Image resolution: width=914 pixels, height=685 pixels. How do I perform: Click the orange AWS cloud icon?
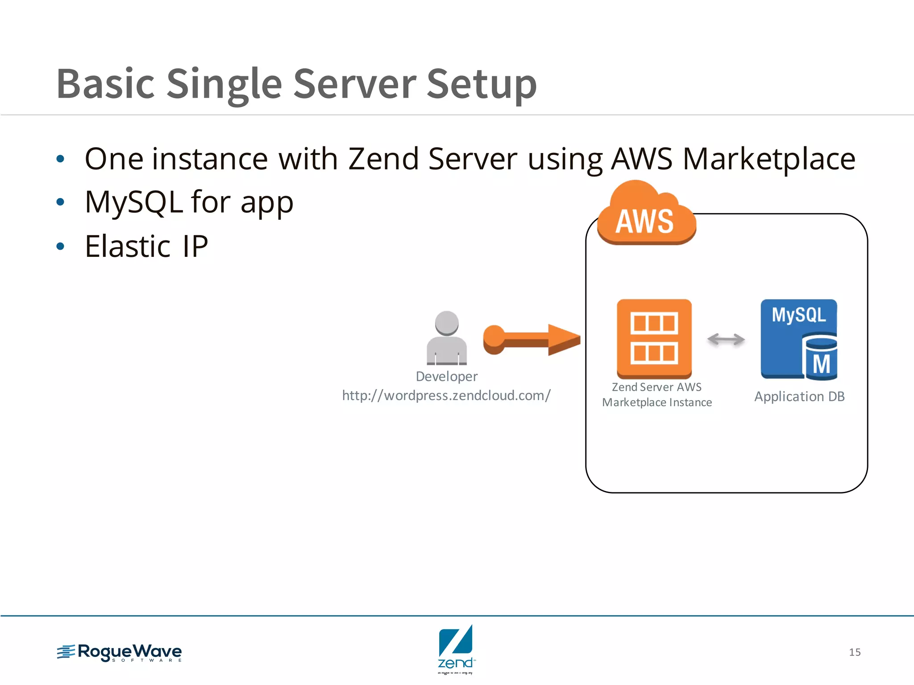click(646, 215)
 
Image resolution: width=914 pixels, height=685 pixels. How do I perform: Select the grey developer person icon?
click(447, 338)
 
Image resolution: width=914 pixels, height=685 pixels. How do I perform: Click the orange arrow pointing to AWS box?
click(531, 339)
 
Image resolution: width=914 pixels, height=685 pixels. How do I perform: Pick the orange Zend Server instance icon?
click(654, 338)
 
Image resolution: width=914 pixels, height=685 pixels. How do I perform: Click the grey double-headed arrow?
click(726, 339)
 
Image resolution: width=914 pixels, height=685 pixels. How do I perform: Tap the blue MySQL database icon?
click(798, 339)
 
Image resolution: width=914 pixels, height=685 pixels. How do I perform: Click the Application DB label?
click(799, 396)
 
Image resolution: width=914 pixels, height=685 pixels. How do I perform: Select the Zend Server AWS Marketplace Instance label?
click(656, 395)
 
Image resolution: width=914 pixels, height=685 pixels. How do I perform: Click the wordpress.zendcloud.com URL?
click(446, 396)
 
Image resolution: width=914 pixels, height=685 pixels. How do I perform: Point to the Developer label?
click(446, 376)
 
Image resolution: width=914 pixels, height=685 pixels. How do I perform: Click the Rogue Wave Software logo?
click(120, 652)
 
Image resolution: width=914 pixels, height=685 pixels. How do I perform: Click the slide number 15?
click(854, 652)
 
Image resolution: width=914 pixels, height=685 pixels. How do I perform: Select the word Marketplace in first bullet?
click(769, 159)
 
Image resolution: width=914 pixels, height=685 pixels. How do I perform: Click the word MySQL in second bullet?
click(133, 202)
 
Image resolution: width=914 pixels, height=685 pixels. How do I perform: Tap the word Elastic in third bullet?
click(128, 247)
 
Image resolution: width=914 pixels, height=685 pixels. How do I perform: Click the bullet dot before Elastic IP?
click(61, 246)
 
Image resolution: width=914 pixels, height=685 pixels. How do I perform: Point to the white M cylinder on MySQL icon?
click(820, 359)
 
